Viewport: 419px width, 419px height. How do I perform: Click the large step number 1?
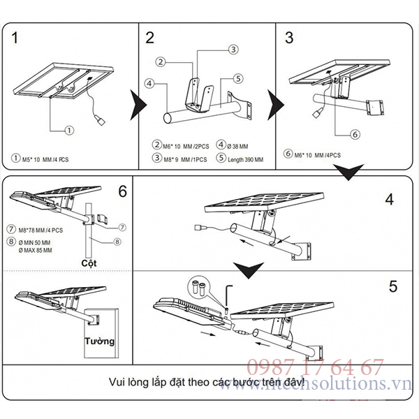coord(15,38)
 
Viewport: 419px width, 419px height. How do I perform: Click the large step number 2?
coord(149,38)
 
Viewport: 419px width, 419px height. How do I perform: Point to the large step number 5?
coord(393,286)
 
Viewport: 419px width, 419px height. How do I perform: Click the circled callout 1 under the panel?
coord(69,130)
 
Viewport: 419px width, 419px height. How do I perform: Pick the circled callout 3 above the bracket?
coord(233,49)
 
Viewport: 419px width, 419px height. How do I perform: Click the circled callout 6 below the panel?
coord(354,134)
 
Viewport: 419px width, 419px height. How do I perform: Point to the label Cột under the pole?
coord(88,263)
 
